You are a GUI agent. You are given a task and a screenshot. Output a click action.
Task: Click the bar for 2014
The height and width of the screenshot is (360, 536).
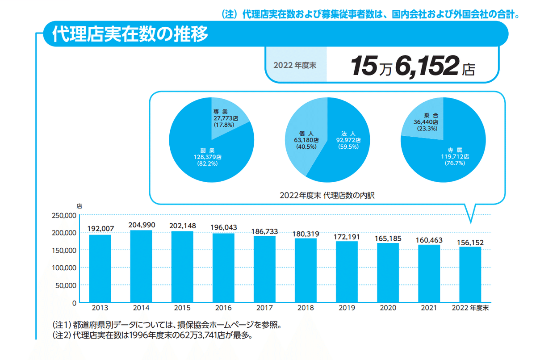[x=141, y=266]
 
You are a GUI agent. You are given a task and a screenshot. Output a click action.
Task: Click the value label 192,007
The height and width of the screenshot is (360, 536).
[x=100, y=229]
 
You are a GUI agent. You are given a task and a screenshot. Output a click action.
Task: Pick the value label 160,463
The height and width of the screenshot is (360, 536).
[x=429, y=240]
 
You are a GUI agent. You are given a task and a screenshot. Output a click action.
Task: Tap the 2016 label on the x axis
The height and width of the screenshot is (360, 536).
[x=223, y=308]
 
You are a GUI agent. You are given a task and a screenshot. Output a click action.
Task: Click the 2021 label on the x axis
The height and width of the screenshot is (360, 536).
[x=429, y=308]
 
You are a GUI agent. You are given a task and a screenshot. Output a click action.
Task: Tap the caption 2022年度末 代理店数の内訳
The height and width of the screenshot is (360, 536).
[x=327, y=195]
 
